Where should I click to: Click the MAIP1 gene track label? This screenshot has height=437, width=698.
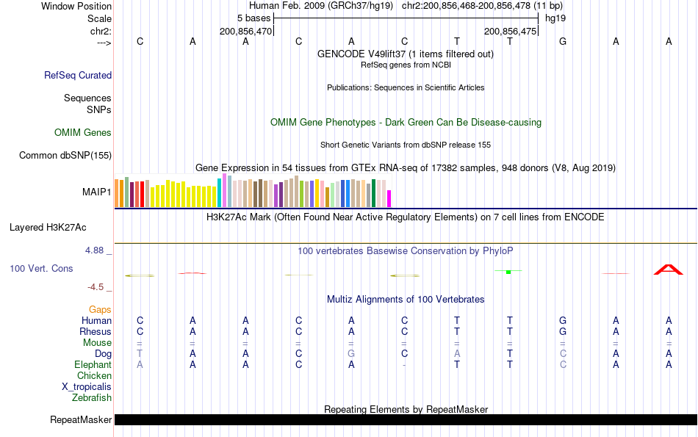[x=96, y=192]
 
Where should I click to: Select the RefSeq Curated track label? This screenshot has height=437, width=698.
[x=78, y=75]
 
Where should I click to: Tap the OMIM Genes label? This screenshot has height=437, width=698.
[x=83, y=133]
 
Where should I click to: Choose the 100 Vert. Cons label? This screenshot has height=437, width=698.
[x=41, y=269]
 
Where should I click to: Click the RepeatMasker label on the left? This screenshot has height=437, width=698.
[x=81, y=420]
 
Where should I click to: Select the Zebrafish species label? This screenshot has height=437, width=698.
[x=92, y=398]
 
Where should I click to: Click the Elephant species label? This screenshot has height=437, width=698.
[x=93, y=365]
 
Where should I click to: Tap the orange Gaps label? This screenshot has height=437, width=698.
[x=100, y=310]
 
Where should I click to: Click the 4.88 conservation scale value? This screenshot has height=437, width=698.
[x=96, y=250]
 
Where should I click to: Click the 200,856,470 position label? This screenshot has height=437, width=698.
[x=245, y=32]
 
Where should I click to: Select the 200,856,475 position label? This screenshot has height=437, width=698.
[x=510, y=32]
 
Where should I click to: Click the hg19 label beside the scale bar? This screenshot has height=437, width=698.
[x=555, y=18]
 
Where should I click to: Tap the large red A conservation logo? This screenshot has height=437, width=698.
[x=669, y=270]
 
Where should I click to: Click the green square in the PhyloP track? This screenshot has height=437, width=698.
[x=508, y=272]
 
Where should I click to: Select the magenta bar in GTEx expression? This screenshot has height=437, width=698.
[x=389, y=198]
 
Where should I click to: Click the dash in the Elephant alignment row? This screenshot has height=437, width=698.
[x=404, y=365]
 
